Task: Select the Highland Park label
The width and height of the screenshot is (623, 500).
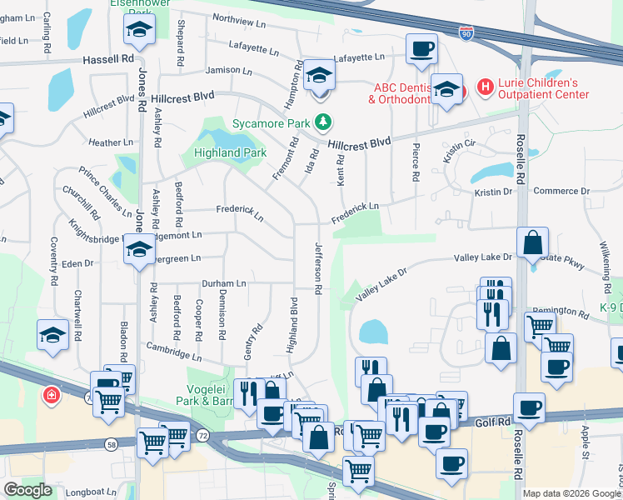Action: (x=230, y=152)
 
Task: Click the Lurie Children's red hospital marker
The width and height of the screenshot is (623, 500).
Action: (x=483, y=87)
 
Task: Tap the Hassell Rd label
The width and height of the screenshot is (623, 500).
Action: (x=108, y=60)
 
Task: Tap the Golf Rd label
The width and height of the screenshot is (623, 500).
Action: (x=491, y=423)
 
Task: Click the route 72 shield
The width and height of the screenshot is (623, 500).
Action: (x=202, y=435)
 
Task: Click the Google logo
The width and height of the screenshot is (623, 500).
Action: (x=27, y=490)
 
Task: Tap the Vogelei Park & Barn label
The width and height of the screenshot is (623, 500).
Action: (x=205, y=394)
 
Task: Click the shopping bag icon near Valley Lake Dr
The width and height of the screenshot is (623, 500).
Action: (x=532, y=242)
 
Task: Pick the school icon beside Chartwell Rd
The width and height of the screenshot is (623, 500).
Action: (x=52, y=336)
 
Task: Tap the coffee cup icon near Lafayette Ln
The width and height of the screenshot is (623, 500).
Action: (x=422, y=47)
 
